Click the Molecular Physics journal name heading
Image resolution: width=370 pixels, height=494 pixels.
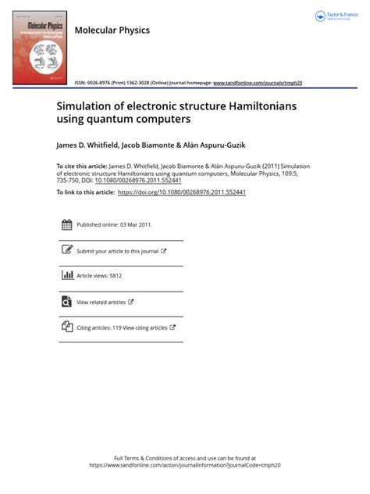(x=111, y=30)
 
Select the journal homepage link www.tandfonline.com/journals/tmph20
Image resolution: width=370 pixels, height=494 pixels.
(x=257, y=82)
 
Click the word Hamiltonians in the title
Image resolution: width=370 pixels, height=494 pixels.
(x=238, y=106)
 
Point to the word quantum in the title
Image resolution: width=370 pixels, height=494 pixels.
(x=109, y=120)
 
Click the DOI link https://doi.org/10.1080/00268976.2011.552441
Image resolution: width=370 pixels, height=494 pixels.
(x=180, y=192)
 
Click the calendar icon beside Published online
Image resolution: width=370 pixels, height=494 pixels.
(x=66, y=224)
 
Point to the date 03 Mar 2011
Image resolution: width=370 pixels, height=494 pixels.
(x=136, y=224)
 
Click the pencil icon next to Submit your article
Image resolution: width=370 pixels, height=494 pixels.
(x=66, y=251)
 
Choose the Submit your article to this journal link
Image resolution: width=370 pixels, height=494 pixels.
(x=118, y=251)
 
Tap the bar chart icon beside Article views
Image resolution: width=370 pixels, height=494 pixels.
(x=66, y=275)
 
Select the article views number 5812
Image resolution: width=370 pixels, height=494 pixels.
(x=116, y=276)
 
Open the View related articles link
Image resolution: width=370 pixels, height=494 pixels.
(x=101, y=302)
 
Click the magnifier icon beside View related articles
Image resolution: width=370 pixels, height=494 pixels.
(x=66, y=301)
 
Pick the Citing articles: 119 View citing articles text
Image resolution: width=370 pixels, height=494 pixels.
(x=122, y=328)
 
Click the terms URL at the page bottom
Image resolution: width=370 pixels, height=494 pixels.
(x=185, y=464)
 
